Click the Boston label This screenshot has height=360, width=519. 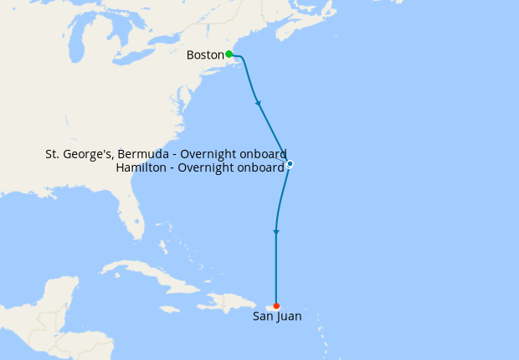205,55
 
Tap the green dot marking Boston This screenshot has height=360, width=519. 229,54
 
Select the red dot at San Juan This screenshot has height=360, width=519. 276,306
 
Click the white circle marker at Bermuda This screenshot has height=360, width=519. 290,163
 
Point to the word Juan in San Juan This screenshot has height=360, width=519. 289,317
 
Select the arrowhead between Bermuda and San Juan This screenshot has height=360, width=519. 276,231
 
